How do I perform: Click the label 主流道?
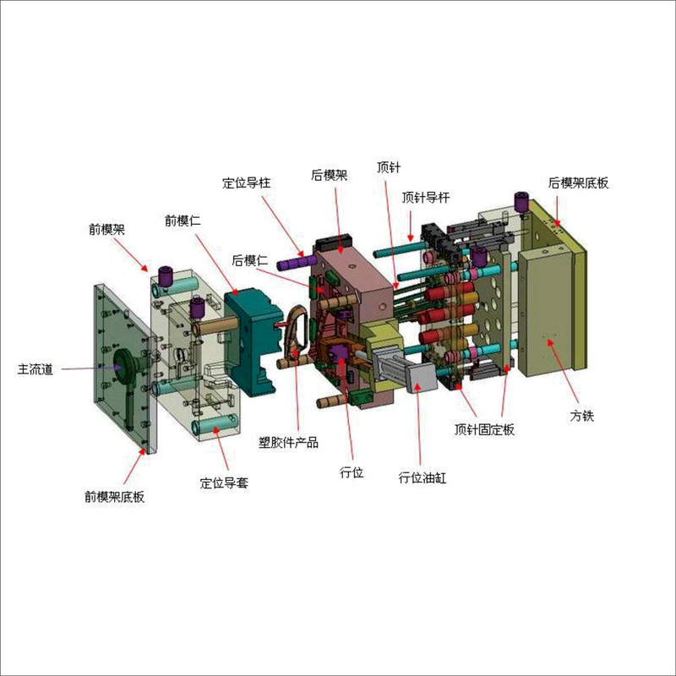click(x=35, y=369)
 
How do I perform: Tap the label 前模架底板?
click(x=114, y=497)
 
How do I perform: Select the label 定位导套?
click(x=224, y=482)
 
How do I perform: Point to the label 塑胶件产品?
click(x=288, y=442)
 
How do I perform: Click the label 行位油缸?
click(x=422, y=477)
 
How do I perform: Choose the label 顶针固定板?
click(x=484, y=429)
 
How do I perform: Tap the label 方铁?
click(x=582, y=416)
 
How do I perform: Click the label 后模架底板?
click(x=579, y=183)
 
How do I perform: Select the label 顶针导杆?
click(x=426, y=198)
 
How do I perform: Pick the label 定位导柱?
click(x=247, y=183)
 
